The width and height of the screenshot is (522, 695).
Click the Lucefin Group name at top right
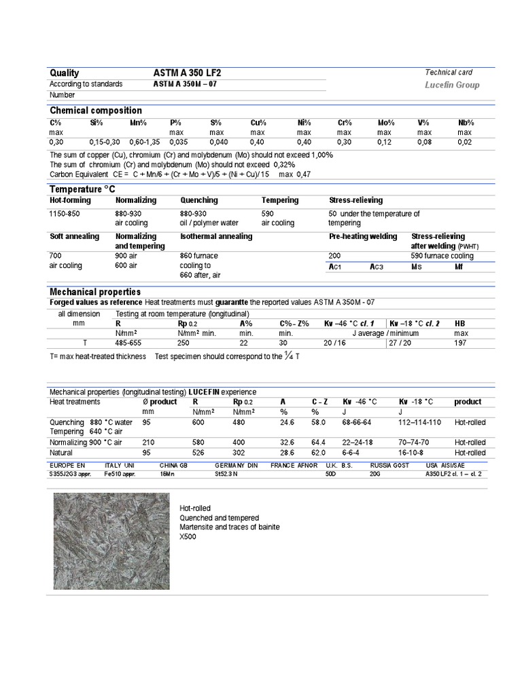(452, 85)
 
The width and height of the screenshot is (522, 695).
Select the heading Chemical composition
(96, 111)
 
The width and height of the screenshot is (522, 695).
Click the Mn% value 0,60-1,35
(145, 142)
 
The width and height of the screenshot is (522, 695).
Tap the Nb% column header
(465, 123)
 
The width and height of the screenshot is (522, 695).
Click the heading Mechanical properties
(95, 292)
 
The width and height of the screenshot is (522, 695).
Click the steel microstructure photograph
(111, 541)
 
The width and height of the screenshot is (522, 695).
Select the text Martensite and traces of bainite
(229, 527)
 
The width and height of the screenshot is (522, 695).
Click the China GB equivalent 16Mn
(168, 474)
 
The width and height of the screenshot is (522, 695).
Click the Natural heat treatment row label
(60, 452)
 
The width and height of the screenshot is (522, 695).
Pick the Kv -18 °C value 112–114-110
(419, 422)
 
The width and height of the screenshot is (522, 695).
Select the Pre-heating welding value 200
(334, 256)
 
